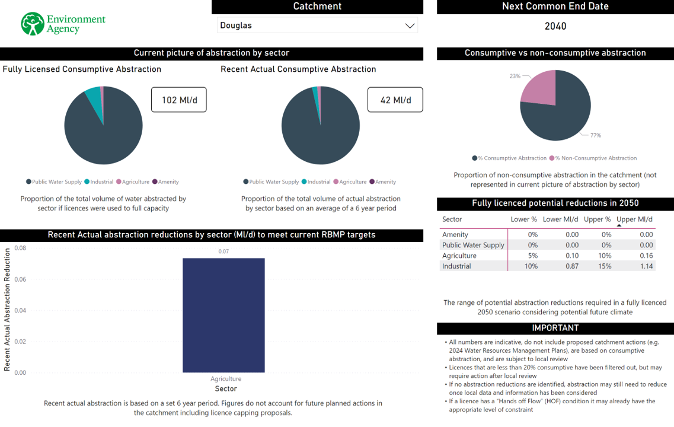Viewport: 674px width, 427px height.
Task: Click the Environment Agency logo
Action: (x=62, y=24)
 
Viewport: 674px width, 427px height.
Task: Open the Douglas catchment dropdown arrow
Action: (x=409, y=26)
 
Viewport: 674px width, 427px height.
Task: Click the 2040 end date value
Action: (x=555, y=26)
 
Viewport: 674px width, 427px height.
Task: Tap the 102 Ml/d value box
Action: (x=178, y=100)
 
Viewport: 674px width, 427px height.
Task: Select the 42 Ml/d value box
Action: (x=395, y=100)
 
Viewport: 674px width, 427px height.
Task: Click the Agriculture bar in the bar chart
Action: (x=223, y=315)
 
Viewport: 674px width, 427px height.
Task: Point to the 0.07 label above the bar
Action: (x=223, y=251)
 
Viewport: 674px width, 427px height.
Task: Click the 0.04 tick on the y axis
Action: (x=20, y=310)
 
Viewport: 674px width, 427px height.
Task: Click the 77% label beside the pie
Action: (x=595, y=136)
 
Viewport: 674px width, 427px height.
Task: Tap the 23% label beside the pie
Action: (x=515, y=77)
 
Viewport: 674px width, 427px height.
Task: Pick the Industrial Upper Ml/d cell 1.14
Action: (x=646, y=266)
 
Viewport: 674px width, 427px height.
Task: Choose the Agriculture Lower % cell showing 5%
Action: (x=532, y=256)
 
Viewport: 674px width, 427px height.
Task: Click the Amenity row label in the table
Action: (x=455, y=234)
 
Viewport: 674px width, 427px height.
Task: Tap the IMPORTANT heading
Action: (x=555, y=328)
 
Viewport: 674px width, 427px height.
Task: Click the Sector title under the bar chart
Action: (x=226, y=389)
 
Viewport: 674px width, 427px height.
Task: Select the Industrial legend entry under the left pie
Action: (x=99, y=182)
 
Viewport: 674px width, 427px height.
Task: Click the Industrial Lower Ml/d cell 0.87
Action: (x=571, y=266)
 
